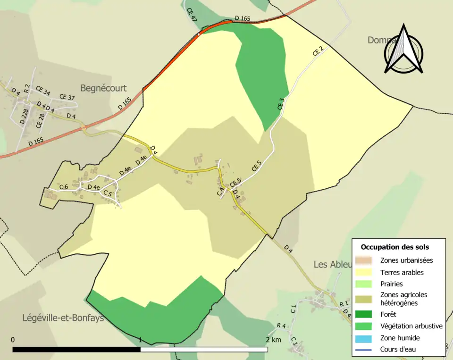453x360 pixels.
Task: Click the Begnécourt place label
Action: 103,88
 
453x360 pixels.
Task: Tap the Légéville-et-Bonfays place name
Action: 63,318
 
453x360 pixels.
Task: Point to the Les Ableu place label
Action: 333,264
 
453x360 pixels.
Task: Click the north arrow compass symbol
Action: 403,50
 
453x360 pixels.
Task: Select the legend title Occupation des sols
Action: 395,247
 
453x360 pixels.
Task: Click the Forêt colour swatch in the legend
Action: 366,314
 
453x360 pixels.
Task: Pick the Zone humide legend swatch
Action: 366,338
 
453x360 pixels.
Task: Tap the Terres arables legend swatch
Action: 366,272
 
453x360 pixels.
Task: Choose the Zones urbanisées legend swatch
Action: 366,260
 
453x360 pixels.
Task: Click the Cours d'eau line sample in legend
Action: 366,350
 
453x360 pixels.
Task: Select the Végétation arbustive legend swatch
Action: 366,326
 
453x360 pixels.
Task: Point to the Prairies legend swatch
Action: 366,284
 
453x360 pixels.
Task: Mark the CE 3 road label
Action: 282,104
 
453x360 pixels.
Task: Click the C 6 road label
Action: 64,187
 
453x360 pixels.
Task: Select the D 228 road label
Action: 25,115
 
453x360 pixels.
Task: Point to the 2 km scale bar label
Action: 273,340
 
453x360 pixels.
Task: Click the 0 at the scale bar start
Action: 13,340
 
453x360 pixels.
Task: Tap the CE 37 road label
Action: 67,97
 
